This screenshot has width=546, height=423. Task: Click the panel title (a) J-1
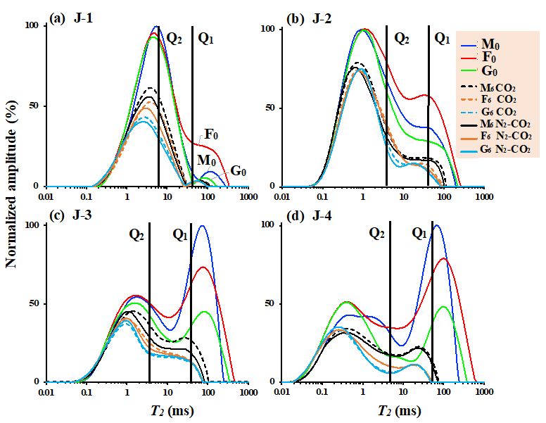pyautogui.click(x=74, y=19)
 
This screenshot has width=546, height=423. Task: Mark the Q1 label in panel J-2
pyautogui.click(x=441, y=39)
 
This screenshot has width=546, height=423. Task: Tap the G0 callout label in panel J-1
pyautogui.click(x=239, y=171)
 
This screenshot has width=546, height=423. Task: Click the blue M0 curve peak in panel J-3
pyautogui.click(x=203, y=226)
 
